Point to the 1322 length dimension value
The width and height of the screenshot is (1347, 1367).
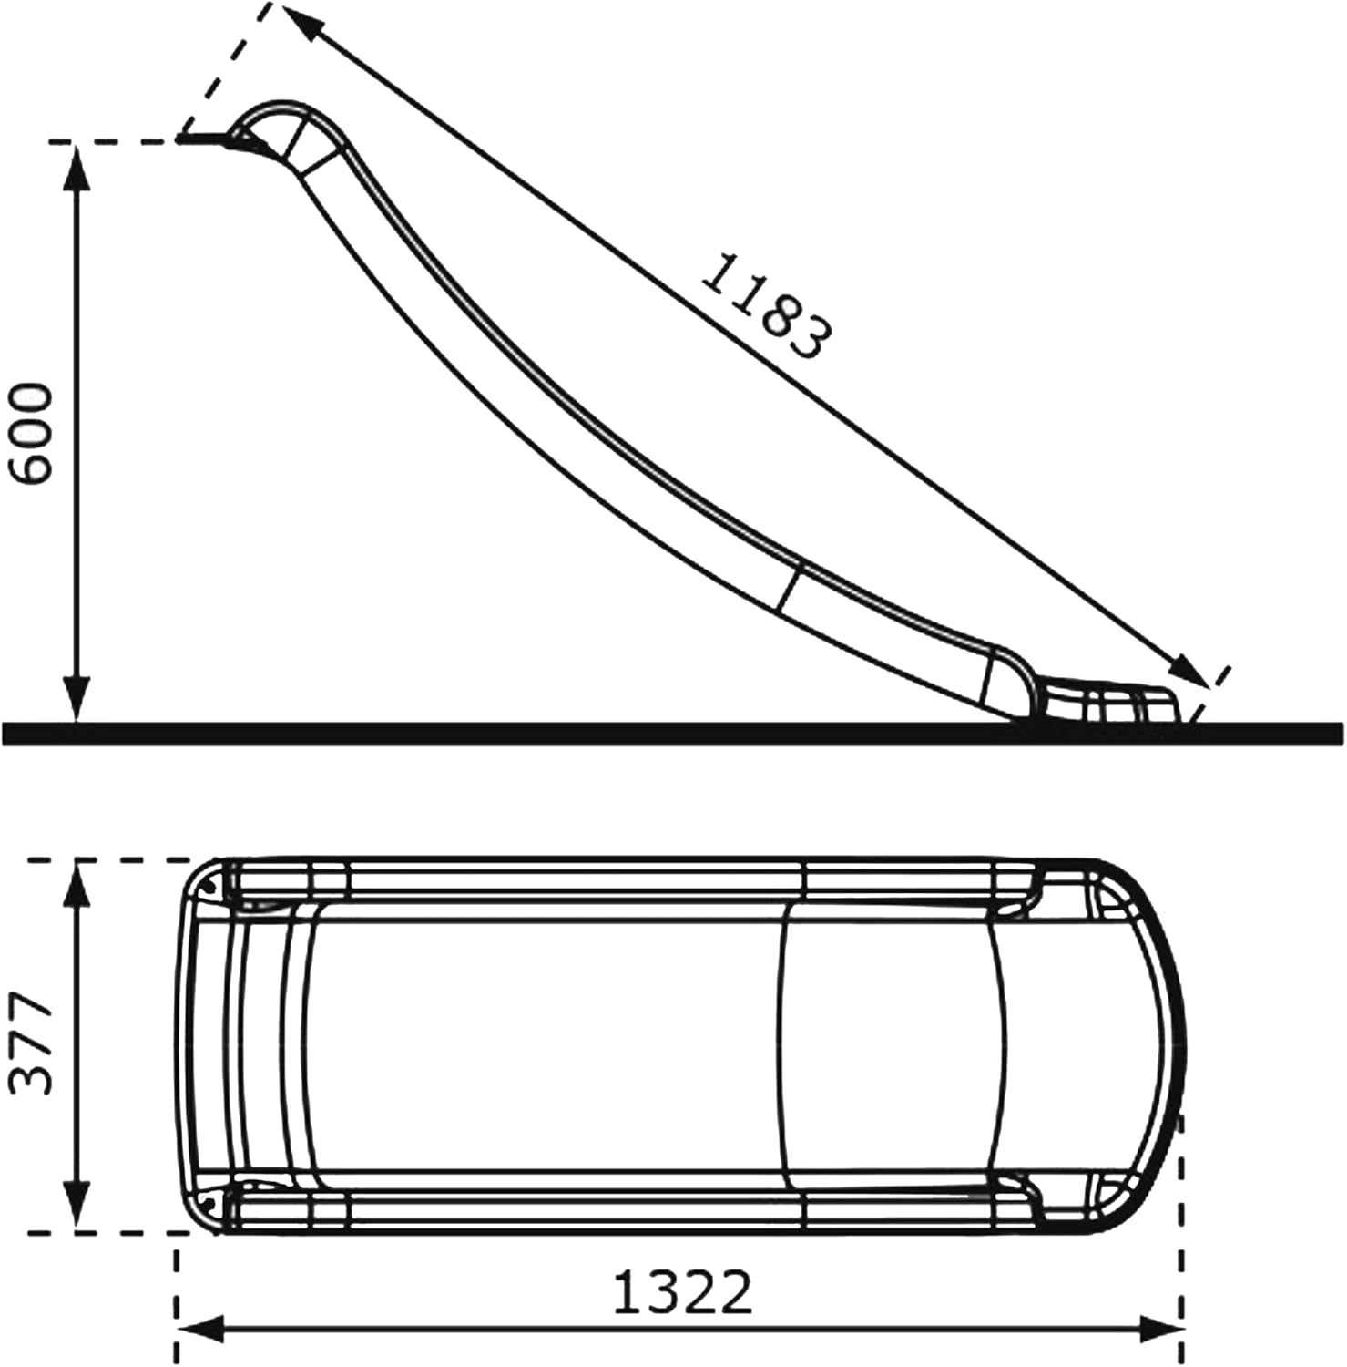pyautogui.click(x=683, y=1292)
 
